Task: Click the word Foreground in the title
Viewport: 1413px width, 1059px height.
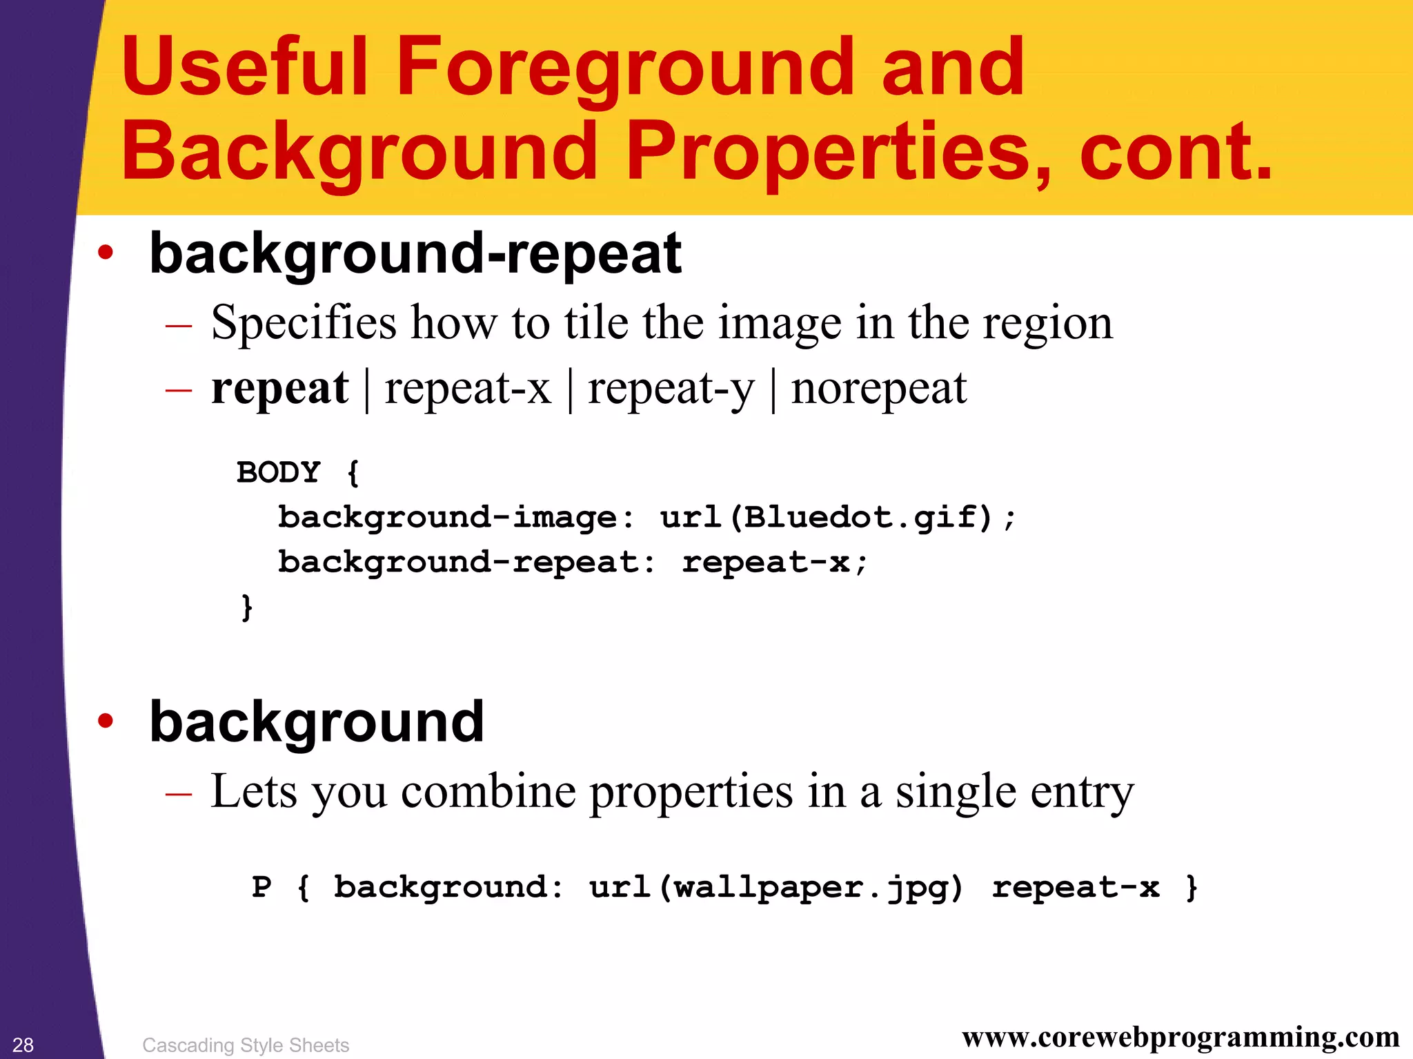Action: coord(624,67)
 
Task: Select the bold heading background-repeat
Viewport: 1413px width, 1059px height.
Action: coord(415,254)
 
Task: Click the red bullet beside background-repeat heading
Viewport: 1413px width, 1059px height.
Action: coord(105,253)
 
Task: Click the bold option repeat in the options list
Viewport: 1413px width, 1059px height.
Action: coord(279,388)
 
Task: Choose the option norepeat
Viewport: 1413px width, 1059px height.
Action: coord(878,388)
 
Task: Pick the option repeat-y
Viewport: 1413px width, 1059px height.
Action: coord(671,389)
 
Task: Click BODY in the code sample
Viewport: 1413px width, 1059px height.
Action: coord(279,473)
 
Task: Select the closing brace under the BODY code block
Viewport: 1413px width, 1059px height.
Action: coord(246,607)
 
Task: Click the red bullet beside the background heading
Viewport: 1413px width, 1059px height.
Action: coord(105,721)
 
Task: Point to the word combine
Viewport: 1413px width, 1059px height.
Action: coord(488,792)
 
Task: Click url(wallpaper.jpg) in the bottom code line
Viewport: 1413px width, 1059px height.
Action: coord(776,888)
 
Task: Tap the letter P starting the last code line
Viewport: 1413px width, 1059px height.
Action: coord(261,887)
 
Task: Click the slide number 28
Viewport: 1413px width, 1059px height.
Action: coord(23,1045)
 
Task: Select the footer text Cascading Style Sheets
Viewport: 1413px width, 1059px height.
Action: coord(246,1045)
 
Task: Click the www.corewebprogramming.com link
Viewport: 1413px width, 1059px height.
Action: coord(1180,1037)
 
